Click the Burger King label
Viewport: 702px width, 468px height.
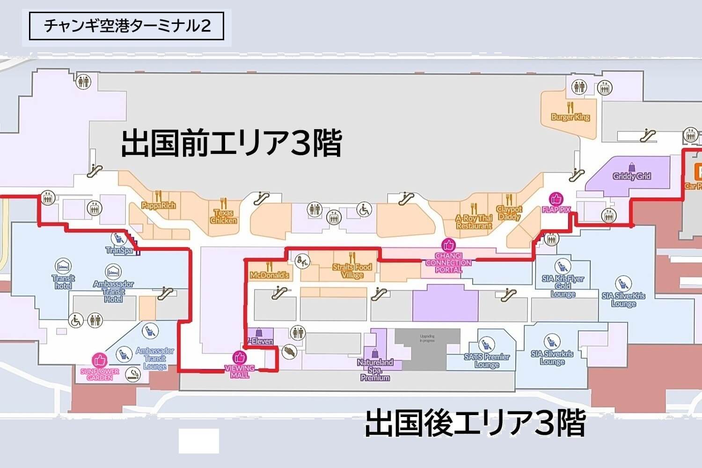(570, 117)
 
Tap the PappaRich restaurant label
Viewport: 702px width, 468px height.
(159, 205)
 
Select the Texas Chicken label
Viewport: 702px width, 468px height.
(223, 217)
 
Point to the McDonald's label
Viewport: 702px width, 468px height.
(269, 275)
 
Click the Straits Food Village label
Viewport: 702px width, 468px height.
(352, 271)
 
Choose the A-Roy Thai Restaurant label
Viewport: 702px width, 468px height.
(474, 222)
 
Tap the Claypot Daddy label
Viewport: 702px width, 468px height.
(509, 213)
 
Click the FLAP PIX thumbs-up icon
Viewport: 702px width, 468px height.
(556, 198)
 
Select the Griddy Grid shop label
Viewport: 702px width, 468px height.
(632, 176)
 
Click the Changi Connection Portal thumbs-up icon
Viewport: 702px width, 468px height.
(448, 245)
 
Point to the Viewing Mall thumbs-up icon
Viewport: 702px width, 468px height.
(240, 358)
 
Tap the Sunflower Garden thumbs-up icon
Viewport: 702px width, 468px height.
(100, 360)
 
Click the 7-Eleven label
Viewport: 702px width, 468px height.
(260, 341)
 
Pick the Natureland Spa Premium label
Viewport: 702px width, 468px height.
(375, 369)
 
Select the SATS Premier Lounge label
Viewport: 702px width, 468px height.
(487, 360)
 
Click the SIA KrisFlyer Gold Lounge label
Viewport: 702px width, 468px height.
(563, 286)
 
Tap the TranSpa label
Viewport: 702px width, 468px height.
(120, 250)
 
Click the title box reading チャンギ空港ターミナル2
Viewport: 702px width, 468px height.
(126, 26)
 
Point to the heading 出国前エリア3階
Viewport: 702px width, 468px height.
(231, 143)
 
